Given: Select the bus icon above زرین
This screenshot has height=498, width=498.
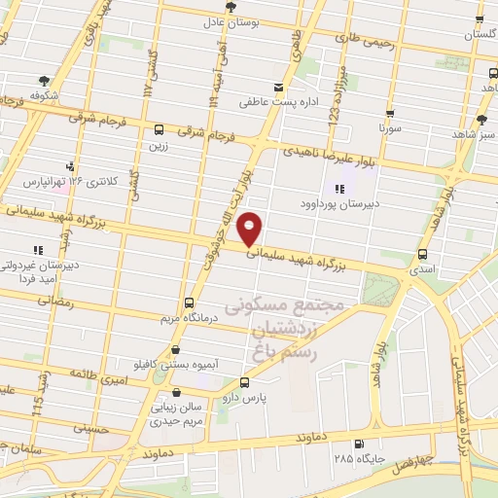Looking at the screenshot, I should click(159, 129).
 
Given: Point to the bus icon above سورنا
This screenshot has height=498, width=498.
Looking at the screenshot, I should click(389, 113).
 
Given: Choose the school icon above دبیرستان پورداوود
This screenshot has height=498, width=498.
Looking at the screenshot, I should click(338, 189).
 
